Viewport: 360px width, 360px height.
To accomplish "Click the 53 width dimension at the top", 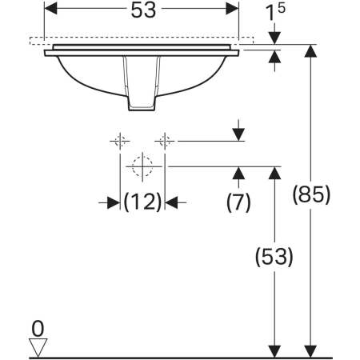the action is tap(143, 10).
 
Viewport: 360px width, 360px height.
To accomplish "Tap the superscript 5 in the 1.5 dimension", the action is tap(281, 8).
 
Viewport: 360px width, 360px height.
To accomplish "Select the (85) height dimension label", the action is tap(311, 194).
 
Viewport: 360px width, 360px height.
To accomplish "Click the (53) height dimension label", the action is tap(274, 256).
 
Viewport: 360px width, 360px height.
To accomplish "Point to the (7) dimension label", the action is tap(238, 202).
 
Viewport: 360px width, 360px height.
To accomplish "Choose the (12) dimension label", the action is tap(142, 202).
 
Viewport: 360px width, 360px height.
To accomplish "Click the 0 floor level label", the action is tap(38, 329).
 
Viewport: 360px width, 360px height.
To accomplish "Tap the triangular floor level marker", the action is tap(38, 347).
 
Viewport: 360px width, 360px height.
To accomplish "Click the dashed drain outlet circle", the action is tap(142, 166).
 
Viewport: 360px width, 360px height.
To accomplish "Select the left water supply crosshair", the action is tap(120, 141).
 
